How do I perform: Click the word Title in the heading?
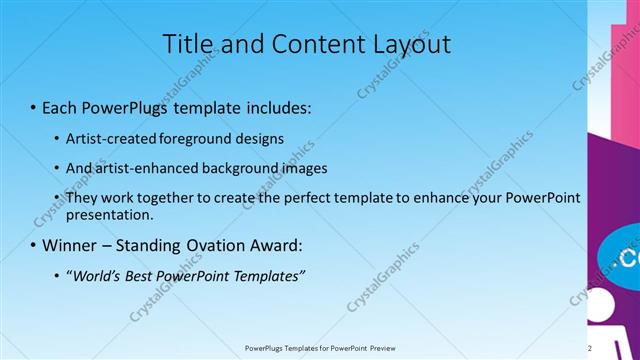tap(189, 44)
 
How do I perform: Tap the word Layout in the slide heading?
tap(407, 44)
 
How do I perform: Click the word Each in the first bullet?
tap(61, 105)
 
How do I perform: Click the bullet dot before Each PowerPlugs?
tap(33, 105)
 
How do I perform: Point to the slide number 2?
tap(618, 348)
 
